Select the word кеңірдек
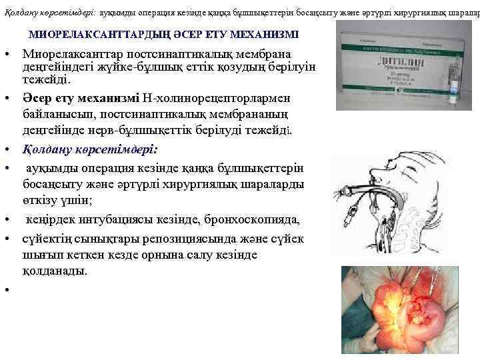54,221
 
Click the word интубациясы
133,221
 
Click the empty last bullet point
5,289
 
